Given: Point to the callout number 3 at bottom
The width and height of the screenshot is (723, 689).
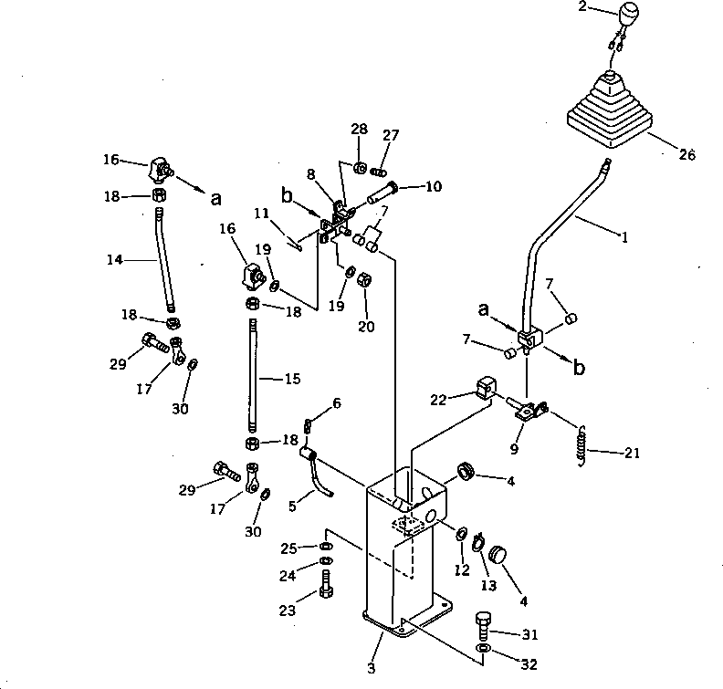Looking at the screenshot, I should pyautogui.click(x=371, y=669).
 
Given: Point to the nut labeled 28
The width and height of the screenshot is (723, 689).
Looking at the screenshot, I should pyautogui.click(x=360, y=167).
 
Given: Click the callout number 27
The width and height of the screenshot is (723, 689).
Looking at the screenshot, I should pyautogui.click(x=391, y=135).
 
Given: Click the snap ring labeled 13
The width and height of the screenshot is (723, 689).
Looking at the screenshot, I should pyautogui.click(x=477, y=542).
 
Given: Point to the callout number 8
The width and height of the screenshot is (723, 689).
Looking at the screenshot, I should pyautogui.click(x=310, y=172).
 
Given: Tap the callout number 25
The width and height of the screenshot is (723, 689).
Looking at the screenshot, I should pyautogui.click(x=288, y=548).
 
